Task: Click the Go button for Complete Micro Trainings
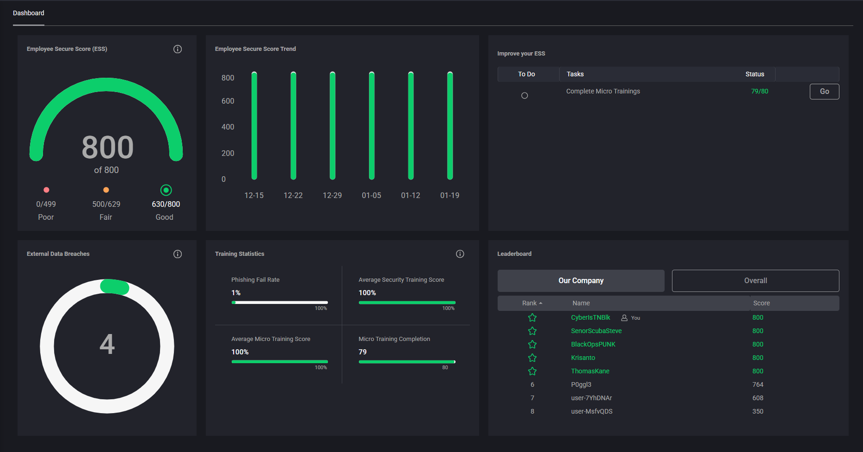824,92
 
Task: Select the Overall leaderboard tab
755,281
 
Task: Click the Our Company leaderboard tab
581,281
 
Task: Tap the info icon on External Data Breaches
178,254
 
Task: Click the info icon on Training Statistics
460,254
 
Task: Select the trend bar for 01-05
371,125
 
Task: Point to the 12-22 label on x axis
293,196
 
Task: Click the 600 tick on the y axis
228,101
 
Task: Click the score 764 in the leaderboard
758,385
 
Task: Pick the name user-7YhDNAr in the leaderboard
591,398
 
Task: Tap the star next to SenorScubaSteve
532,331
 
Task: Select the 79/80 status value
759,92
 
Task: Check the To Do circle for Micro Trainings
524,96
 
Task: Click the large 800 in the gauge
107,148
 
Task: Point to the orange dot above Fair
106,190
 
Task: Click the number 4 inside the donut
107,345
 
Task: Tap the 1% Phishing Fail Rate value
236,293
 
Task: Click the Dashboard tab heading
29,13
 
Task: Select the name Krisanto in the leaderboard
583,358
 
